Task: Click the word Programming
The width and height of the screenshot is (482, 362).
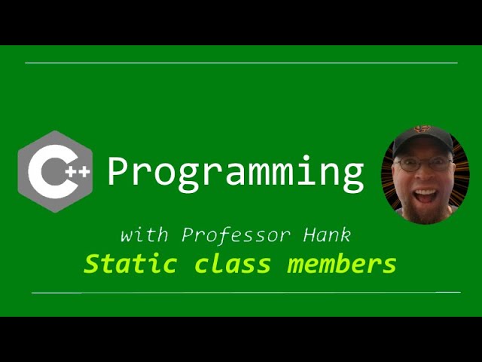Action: pos(235,173)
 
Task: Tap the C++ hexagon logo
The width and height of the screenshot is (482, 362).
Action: pos(55,172)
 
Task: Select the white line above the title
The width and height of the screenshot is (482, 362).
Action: pos(241,63)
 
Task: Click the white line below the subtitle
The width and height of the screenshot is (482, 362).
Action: pos(246,292)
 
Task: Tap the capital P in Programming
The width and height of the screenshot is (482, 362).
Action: pos(119,171)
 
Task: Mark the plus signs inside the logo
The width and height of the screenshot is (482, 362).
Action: pos(78,172)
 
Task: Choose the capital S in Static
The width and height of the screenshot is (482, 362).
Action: pos(92,264)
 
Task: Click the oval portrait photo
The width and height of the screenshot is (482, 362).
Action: pos(425,175)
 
